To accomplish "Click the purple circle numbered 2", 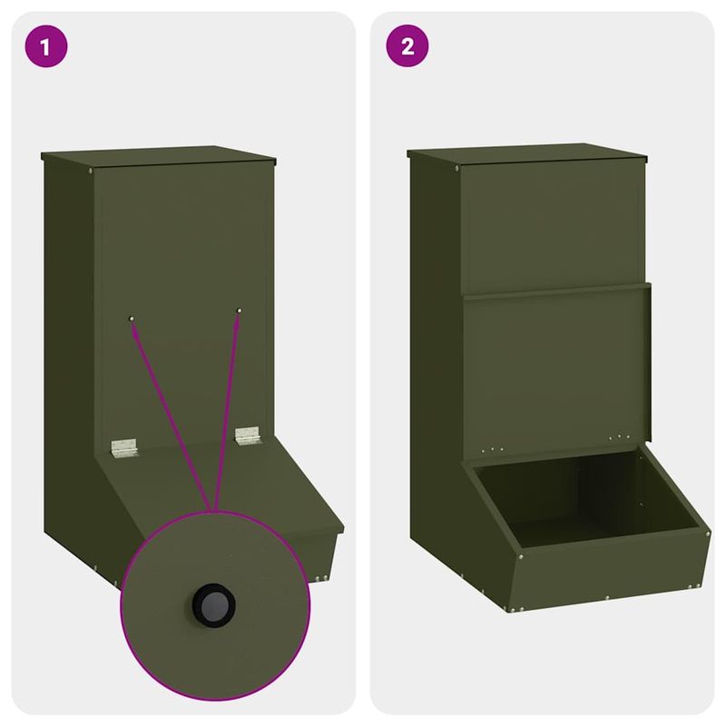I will click(x=407, y=47).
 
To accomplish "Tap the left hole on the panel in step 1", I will click(x=132, y=318).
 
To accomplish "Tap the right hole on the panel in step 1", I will click(x=240, y=311).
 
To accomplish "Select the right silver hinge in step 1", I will click(x=247, y=435).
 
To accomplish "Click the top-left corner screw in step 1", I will click(x=92, y=169).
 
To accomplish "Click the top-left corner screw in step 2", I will click(x=456, y=169).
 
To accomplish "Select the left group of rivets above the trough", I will click(x=489, y=448).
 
